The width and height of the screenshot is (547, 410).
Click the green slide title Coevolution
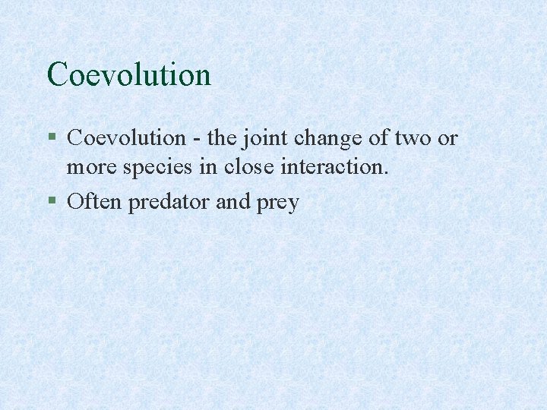coord(128,74)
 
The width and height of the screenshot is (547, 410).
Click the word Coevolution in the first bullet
coord(126,138)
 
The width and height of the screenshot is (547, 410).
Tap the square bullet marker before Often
coord(51,203)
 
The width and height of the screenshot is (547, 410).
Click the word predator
coord(166,203)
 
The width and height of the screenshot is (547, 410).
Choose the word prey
coord(278,203)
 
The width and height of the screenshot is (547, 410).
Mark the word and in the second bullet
coord(232,202)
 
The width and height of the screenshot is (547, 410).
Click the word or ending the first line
coord(449,139)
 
